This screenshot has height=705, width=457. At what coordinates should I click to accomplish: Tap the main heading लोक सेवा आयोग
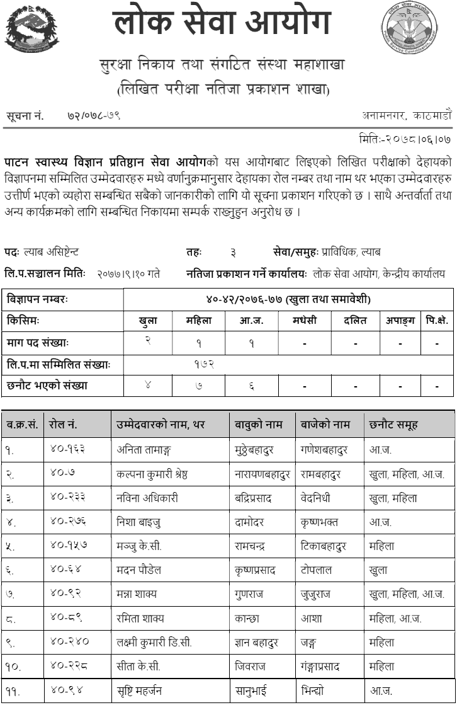[x=222, y=24]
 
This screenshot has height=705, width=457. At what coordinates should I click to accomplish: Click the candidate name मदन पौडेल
[x=138, y=570]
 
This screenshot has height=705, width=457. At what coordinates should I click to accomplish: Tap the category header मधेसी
[x=305, y=320]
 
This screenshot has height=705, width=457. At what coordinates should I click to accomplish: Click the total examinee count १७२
[x=205, y=364]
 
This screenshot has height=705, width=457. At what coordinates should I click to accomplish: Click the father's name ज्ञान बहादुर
[x=258, y=642]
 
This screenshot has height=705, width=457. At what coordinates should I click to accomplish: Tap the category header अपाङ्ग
[x=400, y=320]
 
